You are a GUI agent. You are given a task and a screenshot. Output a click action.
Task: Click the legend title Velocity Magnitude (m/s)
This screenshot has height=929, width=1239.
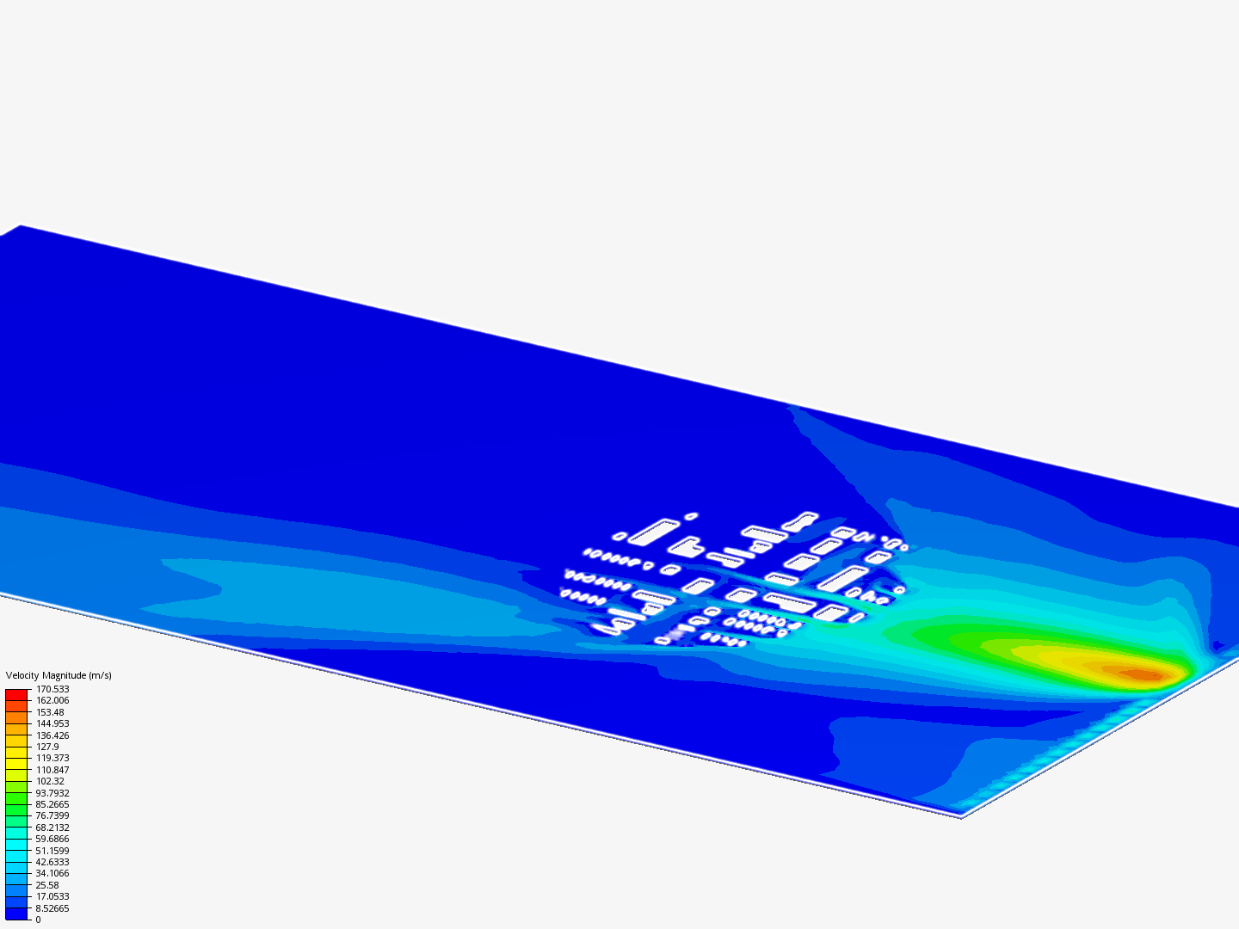59,675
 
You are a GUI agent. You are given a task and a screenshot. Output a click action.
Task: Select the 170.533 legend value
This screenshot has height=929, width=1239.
52,689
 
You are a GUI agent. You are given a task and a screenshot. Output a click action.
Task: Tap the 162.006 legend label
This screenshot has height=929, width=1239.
52,700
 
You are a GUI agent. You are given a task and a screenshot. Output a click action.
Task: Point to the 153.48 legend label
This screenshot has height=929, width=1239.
50,712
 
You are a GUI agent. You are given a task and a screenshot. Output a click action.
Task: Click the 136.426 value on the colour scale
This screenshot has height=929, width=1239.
52,735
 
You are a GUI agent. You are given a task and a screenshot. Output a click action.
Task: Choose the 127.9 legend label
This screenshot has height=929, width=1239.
47,747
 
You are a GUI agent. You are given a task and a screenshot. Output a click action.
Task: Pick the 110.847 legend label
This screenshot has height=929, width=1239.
52,770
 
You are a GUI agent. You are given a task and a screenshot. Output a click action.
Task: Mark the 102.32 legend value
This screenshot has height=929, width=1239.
50,781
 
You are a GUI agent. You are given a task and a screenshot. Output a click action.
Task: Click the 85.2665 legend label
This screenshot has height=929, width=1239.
52,804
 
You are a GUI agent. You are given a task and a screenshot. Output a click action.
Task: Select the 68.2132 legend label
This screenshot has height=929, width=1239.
52,827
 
